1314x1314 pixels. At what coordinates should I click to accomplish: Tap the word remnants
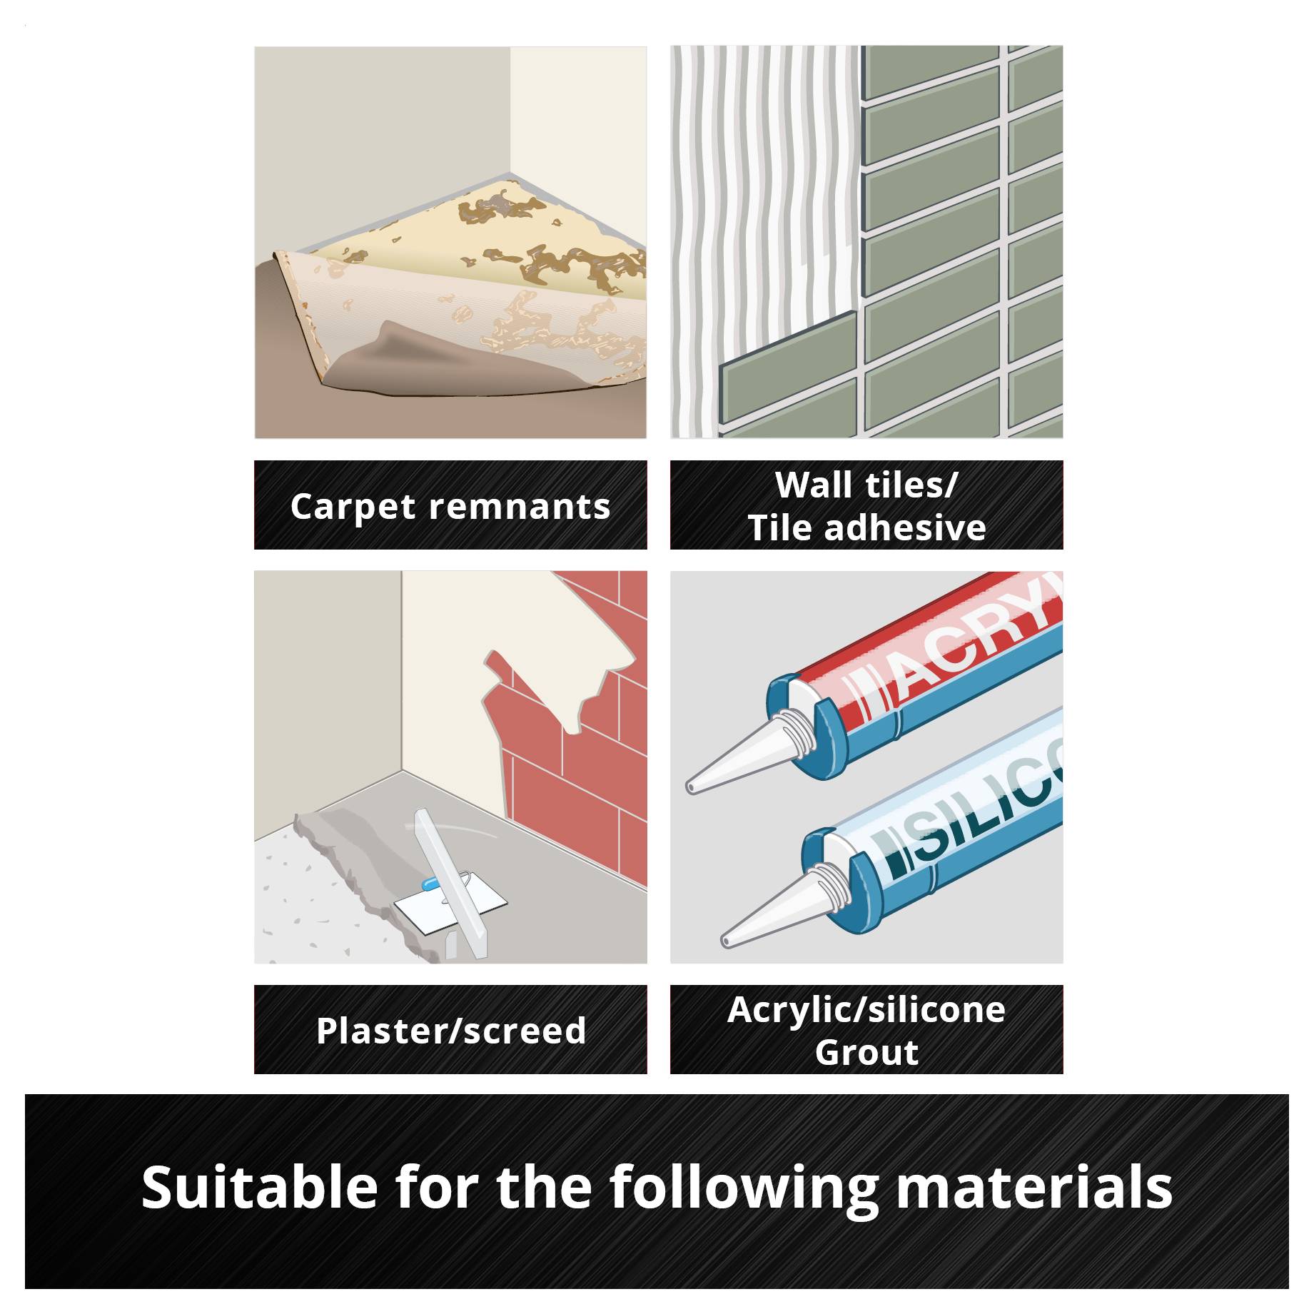click(520, 507)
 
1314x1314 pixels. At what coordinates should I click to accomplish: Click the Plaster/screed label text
click(451, 1031)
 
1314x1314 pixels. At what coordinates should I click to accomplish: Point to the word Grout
click(866, 1053)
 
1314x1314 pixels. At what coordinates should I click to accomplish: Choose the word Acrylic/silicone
click(866, 1011)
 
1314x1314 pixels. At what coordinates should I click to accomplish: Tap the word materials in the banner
click(1033, 1188)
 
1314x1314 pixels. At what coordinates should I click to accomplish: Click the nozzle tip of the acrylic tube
click(690, 788)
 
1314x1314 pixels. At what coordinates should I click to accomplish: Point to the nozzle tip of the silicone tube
click(725, 942)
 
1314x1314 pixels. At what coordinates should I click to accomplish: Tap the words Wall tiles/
click(866, 485)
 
